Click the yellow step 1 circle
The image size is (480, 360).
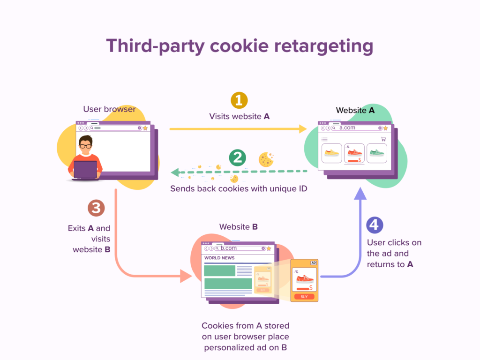(x=239, y=100)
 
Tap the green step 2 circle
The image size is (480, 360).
(x=238, y=158)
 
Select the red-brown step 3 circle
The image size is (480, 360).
(x=96, y=208)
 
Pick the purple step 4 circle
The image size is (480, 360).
(x=374, y=225)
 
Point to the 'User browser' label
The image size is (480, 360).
(x=109, y=109)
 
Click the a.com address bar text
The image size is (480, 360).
(x=347, y=127)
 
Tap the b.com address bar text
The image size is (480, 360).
(x=229, y=248)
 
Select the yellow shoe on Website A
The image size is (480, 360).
(x=331, y=153)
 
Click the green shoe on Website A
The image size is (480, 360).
(x=376, y=153)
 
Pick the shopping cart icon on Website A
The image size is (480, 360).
(x=383, y=139)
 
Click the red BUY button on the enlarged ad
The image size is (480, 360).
(x=304, y=296)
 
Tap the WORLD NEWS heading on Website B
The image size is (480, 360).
(x=219, y=258)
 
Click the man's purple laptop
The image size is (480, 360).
(x=85, y=169)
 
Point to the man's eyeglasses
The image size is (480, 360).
(x=85, y=146)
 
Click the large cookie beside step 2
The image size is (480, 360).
(x=266, y=159)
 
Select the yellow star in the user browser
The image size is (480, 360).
(x=145, y=128)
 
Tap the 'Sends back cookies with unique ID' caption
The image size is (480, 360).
(x=239, y=189)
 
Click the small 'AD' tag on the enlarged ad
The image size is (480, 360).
(x=314, y=263)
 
